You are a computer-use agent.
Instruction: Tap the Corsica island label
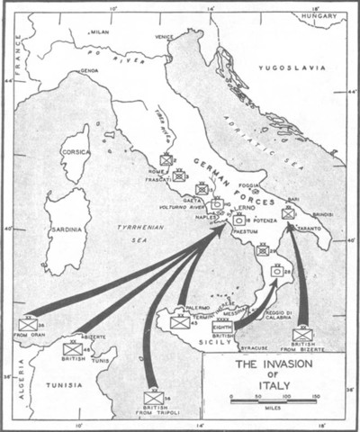(76, 153)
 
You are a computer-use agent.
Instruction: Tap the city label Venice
(163, 37)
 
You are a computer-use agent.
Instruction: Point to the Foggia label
(250, 184)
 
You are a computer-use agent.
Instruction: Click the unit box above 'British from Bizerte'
(302, 334)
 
